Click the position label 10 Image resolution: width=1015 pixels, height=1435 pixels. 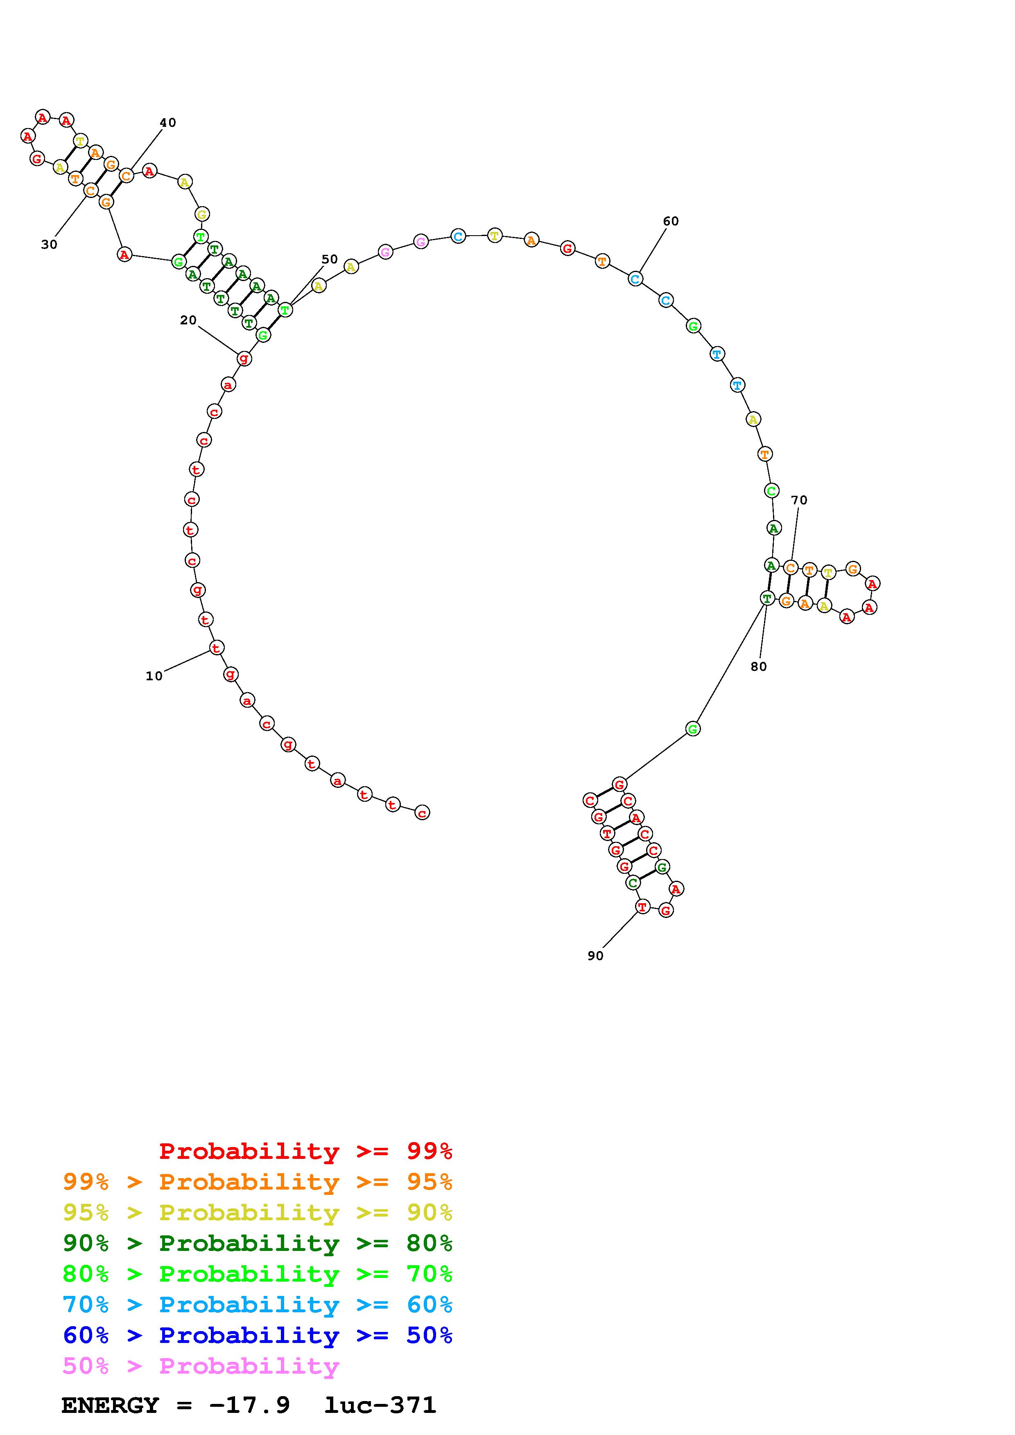(x=154, y=676)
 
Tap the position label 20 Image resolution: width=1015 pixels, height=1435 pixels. (x=188, y=320)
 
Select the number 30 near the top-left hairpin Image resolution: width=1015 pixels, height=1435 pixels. (x=50, y=244)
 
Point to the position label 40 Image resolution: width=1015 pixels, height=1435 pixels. (x=167, y=122)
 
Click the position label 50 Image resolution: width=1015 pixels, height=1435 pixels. (x=330, y=259)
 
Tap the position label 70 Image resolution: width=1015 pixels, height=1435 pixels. (x=799, y=500)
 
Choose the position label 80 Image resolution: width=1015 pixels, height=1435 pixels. (x=759, y=667)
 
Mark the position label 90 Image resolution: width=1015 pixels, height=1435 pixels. (x=595, y=956)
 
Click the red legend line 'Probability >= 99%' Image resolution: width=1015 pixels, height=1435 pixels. (x=306, y=1151)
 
